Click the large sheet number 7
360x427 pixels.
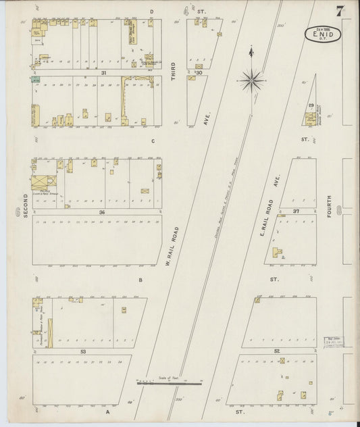coord(338,11)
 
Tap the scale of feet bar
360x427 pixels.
coord(170,383)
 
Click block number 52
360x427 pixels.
coord(277,352)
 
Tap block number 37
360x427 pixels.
coord(297,211)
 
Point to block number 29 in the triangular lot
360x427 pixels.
coord(311,106)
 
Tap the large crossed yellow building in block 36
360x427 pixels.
coord(41,182)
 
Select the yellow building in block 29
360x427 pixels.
coord(310,120)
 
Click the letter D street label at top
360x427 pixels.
coord(152,11)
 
